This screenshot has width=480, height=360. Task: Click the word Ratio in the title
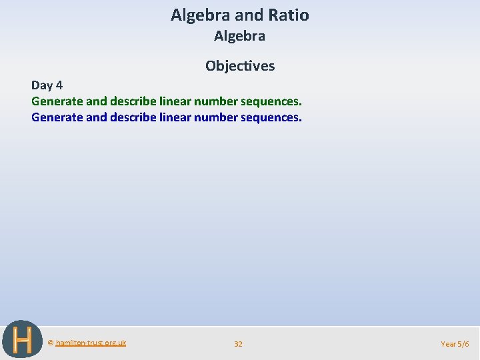click(289, 15)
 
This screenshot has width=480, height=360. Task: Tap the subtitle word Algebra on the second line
click(239, 36)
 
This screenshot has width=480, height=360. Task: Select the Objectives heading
click(240, 65)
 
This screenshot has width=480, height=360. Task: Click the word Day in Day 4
click(42, 85)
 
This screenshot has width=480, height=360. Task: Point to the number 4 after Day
click(59, 85)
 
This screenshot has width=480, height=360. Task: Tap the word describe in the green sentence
click(133, 101)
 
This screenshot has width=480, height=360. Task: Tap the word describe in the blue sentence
click(133, 117)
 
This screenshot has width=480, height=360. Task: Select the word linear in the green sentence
click(175, 101)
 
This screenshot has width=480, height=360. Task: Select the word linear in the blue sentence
click(175, 117)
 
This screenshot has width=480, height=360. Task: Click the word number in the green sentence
click(216, 101)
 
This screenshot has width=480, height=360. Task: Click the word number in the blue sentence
click(216, 117)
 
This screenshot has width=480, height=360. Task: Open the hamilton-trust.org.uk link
click(91, 343)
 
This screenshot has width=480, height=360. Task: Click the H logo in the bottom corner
click(22, 339)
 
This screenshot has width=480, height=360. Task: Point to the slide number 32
click(238, 344)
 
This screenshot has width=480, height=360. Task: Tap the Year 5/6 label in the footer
click(455, 344)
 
